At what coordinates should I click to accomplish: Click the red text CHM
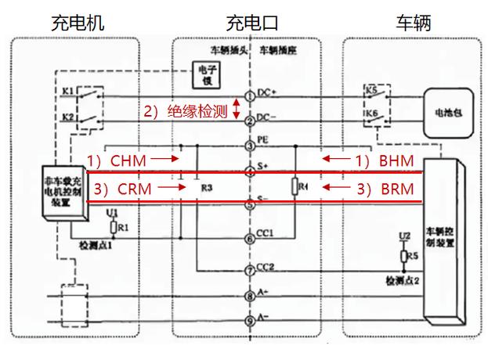[128, 160]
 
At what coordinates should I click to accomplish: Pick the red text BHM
[396, 160]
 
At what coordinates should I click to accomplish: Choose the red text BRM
[396, 189]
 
